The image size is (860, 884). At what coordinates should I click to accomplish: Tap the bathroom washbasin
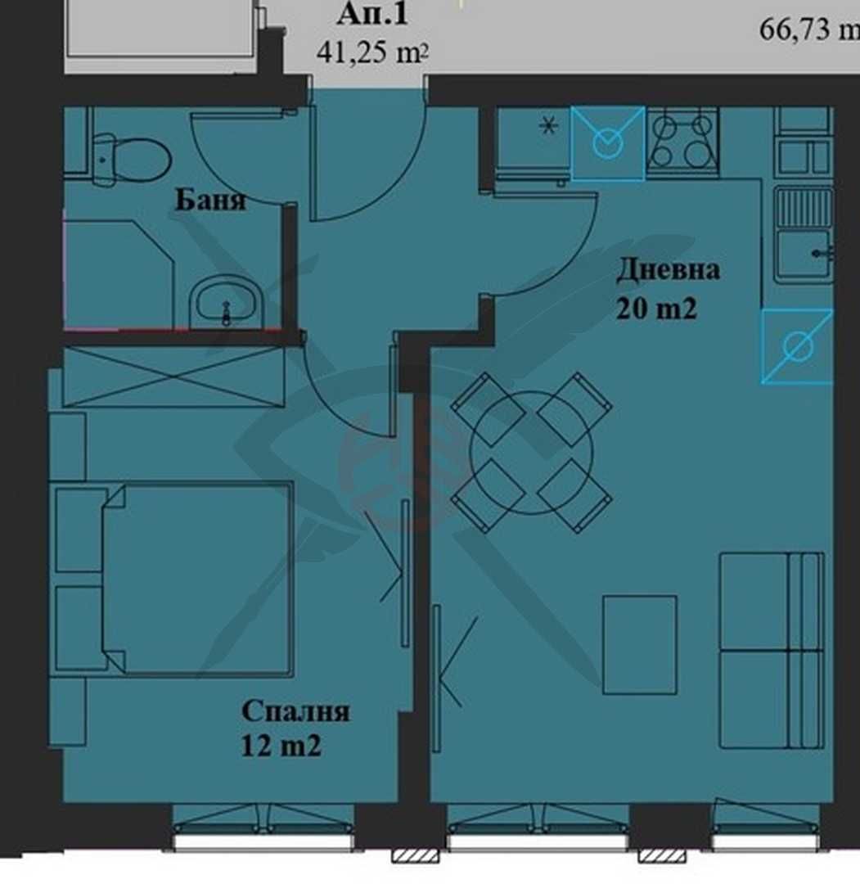(x=226, y=303)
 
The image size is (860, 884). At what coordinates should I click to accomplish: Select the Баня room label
(x=209, y=201)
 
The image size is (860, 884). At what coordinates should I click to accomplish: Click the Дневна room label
(x=668, y=269)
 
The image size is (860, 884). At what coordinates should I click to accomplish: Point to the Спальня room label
(x=295, y=710)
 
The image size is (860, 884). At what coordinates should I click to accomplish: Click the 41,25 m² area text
(x=373, y=53)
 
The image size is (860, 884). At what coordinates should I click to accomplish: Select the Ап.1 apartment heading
(x=371, y=14)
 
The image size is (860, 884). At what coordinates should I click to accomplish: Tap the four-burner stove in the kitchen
(x=682, y=141)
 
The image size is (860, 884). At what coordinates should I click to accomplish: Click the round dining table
(x=531, y=453)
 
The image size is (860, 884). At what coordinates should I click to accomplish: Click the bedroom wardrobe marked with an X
(x=173, y=376)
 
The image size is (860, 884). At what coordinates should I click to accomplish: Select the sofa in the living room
(x=771, y=650)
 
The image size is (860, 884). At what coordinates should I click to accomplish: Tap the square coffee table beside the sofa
(x=639, y=644)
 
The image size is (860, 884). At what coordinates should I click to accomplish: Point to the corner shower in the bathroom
(x=119, y=270)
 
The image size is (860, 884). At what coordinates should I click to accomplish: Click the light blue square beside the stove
(x=607, y=143)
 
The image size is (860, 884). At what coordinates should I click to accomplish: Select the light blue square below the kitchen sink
(x=796, y=346)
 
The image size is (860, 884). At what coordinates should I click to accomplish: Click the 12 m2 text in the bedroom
(x=280, y=746)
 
